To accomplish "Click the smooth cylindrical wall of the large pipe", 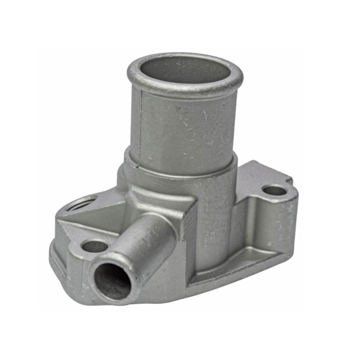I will [192, 126].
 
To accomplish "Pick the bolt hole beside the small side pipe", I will [94, 246].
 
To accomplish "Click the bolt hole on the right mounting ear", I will [274, 191].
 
